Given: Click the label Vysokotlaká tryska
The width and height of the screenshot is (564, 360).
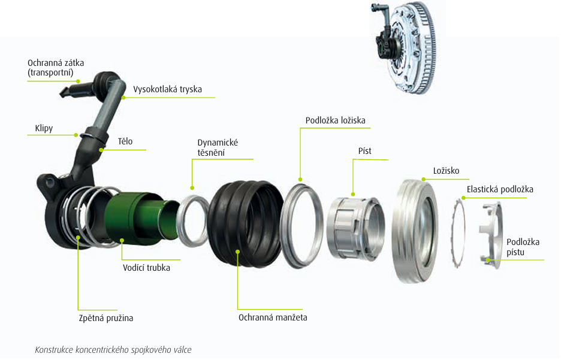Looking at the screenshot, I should point(167,89).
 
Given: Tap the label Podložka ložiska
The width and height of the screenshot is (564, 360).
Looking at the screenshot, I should point(335,120).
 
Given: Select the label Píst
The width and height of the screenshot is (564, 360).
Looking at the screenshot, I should point(364,151).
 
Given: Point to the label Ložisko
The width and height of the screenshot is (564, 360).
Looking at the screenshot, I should point(446,171).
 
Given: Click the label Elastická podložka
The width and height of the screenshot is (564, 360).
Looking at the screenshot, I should point(500,189).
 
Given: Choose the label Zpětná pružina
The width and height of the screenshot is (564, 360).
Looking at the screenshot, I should point(105,318).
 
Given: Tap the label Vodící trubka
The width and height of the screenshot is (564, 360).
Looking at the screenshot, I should point(146,268).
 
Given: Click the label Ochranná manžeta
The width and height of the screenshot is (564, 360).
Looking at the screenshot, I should point(273,317).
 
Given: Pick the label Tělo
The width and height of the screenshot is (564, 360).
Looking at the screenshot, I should point(125,142).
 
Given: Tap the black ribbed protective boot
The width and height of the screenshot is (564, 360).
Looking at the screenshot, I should point(246,221).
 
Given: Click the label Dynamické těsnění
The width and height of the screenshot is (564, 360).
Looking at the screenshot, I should point(218,147).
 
